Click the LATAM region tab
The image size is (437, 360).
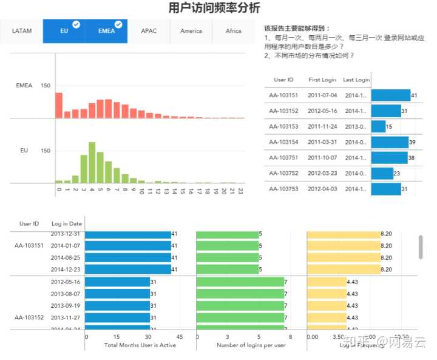coord(22,31)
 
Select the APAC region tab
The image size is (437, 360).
coord(149,31)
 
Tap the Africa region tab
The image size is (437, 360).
coord(234,31)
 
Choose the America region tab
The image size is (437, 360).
coord(191,31)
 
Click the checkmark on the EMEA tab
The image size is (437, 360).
coord(118,24)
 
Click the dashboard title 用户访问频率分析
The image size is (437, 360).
coord(214,8)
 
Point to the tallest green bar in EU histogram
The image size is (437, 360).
coord(92,162)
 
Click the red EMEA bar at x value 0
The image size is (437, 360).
coord(59,105)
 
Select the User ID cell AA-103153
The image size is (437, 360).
coord(284,126)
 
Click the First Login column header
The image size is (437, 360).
coord(322,80)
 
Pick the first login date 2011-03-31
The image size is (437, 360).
coord(322,142)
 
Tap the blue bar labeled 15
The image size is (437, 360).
coord(378,126)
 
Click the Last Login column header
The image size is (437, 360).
coord(356,80)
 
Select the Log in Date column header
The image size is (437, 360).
coord(67,223)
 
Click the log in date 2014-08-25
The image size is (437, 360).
coord(66,257)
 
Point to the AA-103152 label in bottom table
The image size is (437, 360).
coord(30,317)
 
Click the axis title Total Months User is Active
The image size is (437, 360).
coord(140,345)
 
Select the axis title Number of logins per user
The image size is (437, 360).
coord(251,345)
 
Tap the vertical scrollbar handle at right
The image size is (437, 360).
coord(421,246)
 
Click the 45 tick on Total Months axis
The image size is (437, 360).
coord(180,336)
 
